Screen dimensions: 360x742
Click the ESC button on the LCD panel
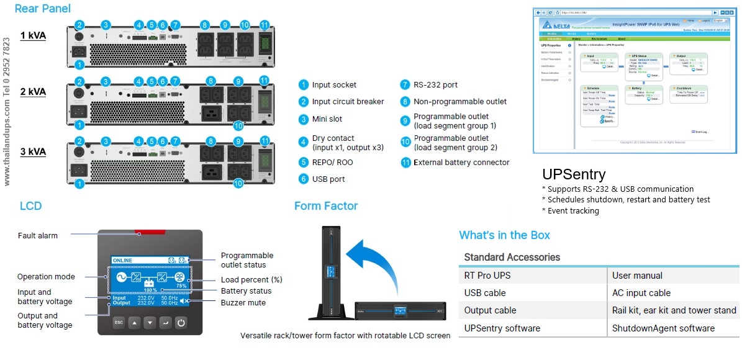tap(117, 323)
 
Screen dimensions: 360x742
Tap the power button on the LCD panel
tap(180, 323)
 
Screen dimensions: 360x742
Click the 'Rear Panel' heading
tap(42, 9)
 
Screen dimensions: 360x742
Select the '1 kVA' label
tap(33, 35)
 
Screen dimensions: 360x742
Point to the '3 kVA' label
tap(33, 151)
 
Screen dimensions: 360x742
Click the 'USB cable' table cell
tap(485, 293)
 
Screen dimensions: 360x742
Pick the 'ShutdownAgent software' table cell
tap(663, 328)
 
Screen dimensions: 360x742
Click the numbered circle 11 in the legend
tap(405, 163)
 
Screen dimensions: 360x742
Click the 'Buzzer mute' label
tap(243, 303)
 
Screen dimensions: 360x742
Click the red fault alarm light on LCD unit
tap(150, 232)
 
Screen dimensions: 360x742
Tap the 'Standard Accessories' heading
tap(512, 257)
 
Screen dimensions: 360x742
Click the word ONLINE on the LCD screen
tap(122, 261)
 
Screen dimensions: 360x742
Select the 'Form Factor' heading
tap(326, 206)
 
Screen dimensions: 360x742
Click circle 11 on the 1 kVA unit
tap(265, 25)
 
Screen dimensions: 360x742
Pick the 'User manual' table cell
tap(637, 276)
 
